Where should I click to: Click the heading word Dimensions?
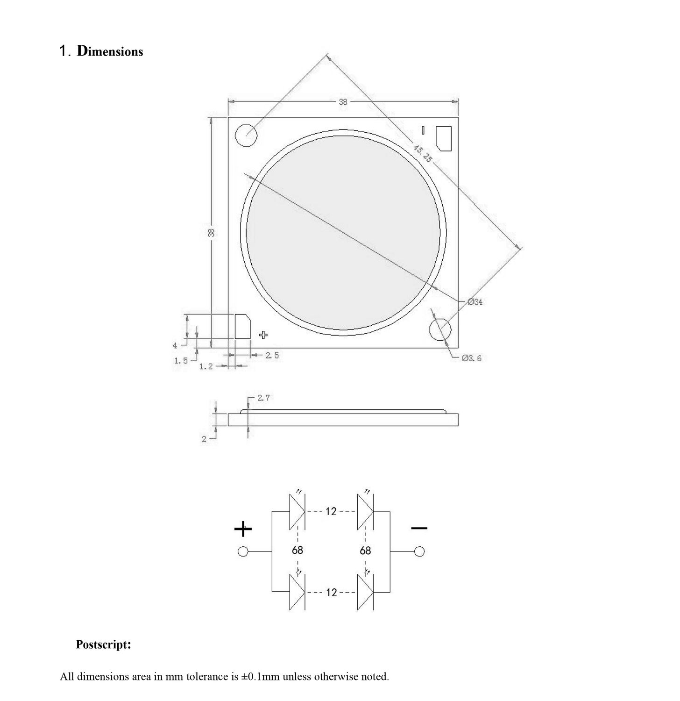pos(110,51)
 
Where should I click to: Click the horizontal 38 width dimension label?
pos(343,102)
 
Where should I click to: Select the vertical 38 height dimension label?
pos(211,232)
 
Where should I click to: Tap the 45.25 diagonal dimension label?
pos(422,153)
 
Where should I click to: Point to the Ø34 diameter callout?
pos(475,302)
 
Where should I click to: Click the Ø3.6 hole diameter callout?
pos(471,358)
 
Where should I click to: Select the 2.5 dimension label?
pos(272,355)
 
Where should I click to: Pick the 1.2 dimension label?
pos(205,366)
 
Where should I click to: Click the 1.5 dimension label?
pos(181,360)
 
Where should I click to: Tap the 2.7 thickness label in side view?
pos(263,398)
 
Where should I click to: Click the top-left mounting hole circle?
pos(246,136)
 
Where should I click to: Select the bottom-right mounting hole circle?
pos(440,329)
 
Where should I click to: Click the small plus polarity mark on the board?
pos(263,335)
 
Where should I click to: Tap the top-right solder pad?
pos(444,138)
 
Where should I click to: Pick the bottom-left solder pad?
pos(242,326)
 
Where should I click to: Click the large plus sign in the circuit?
pos(243,529)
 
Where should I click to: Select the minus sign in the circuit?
pos(419,528)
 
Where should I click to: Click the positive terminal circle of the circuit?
pos(243,552)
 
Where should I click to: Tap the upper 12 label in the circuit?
pos(331,511)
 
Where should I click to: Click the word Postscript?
pos(103,645)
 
